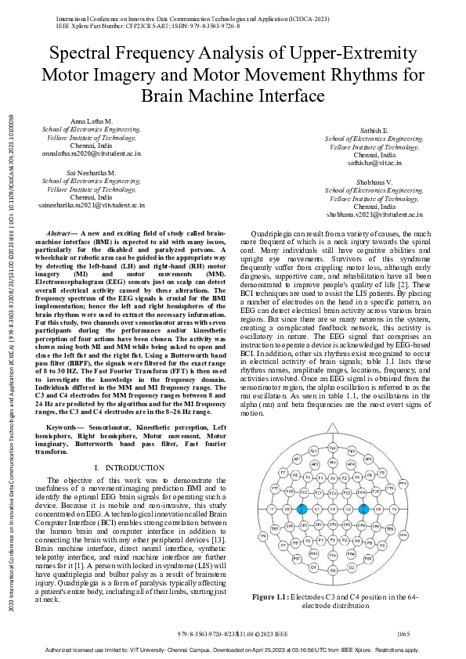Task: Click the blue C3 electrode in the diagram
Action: [x=302, y=509]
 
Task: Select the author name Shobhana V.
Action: [x=375, y=182]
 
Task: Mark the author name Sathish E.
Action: [x=374, y=131]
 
